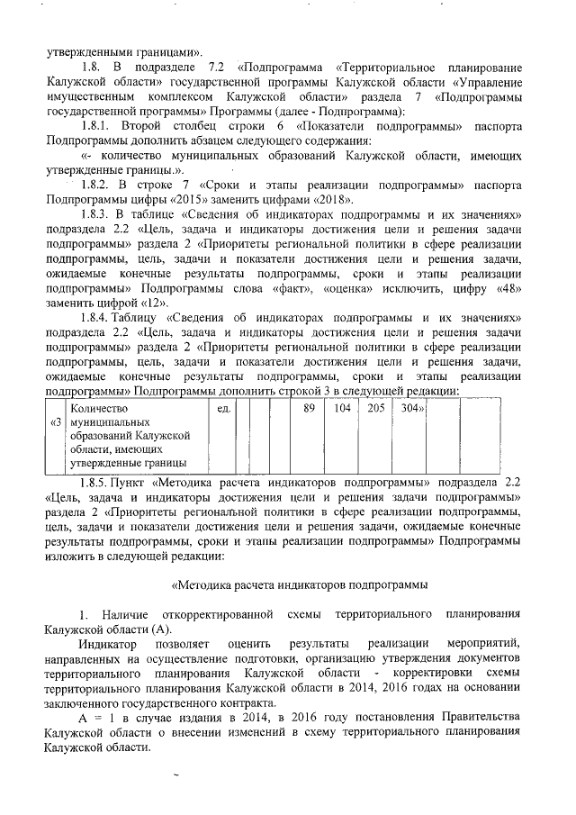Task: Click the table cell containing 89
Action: click(309, 408)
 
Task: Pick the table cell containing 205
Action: click(375, 408)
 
